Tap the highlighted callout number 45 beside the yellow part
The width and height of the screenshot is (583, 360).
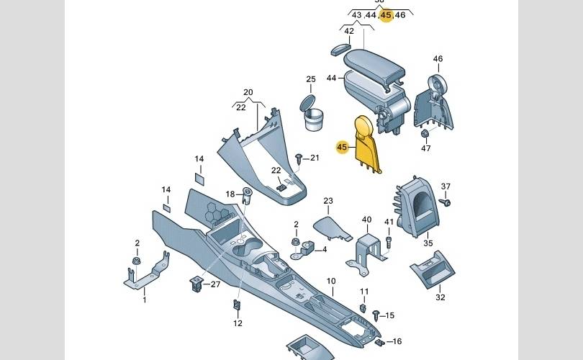point(342,147)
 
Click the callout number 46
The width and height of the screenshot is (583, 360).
point(438,59)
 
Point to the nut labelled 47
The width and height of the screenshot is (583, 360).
point(425,133)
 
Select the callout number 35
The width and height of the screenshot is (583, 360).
point(428,243)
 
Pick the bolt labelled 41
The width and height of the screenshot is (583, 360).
point(389,240)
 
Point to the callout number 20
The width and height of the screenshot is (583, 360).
point(248,92)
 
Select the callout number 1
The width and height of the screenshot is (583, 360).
point(143,298)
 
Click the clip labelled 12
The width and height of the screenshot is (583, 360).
point(238,306)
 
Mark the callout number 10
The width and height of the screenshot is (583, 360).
point(331,281)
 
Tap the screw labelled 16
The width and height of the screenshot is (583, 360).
point(378,341)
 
